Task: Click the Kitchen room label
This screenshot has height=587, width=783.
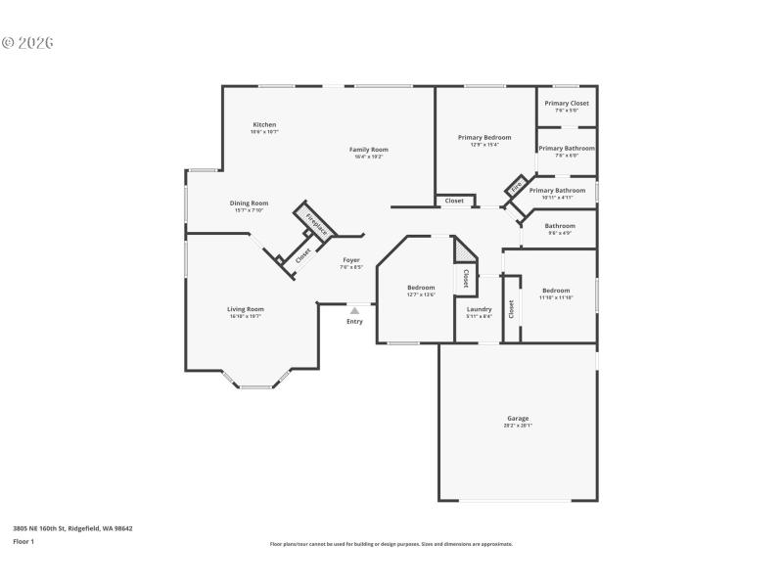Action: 264,124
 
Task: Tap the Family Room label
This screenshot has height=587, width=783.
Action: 368,150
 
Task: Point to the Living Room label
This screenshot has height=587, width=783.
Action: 246,309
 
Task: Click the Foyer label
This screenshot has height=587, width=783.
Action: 350,260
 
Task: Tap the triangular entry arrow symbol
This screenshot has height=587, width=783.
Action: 354,310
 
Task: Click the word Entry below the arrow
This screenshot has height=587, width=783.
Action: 354,322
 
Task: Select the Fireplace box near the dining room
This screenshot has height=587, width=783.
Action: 316,223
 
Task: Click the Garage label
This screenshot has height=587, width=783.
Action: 517,418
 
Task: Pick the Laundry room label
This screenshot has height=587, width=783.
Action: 479,309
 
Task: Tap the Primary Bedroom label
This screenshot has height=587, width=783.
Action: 484,137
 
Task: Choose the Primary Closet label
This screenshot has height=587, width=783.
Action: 567,103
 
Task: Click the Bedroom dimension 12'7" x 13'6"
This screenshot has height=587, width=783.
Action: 421,293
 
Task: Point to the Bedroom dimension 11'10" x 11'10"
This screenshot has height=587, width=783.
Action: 556,296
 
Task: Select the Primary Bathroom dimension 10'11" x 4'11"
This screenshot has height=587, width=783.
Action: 557,198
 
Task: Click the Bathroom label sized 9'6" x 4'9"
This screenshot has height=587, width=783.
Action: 560,226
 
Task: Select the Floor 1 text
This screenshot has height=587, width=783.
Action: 23,541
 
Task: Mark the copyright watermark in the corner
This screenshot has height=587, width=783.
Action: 27,43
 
